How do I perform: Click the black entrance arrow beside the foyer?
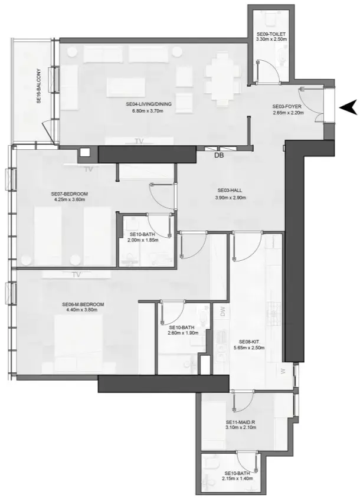click(x=348, y=107)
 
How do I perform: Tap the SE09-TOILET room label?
click(x=271, y=35)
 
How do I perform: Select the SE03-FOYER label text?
click(x=287, y=106)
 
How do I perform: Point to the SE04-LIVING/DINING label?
click(x=149, y=104)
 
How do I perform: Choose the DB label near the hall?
click(x=220, y=156)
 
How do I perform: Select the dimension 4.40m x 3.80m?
click(x=83, y=310)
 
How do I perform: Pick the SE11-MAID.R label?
click(x=240, y=422)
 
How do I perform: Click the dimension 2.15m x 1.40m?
click(x=238, y=479)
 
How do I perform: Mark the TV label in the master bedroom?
click(x=76, y=274)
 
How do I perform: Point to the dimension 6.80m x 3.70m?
click(x=149, y=110)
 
